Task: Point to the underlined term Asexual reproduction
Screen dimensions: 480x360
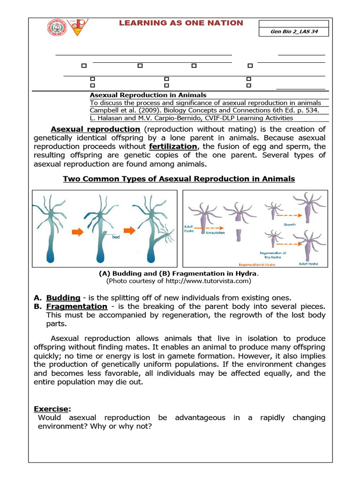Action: [x=95, y=129]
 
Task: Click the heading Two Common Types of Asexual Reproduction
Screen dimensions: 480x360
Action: [x=179, y=179]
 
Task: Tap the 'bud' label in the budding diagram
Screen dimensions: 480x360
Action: [x=117, y=237]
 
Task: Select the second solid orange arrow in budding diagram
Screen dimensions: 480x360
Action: [x=126, y=231]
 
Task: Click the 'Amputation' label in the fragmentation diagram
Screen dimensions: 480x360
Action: [x=215, y=232]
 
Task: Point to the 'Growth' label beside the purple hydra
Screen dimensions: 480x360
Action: [x=290, y=225]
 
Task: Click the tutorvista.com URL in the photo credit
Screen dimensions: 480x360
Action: [x=203, y=281]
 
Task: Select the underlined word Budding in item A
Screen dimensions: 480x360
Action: [x=63, y=298]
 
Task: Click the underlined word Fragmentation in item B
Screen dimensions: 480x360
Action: [x=77, y=306]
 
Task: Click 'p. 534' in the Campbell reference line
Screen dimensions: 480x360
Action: [x=307, y=110]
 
